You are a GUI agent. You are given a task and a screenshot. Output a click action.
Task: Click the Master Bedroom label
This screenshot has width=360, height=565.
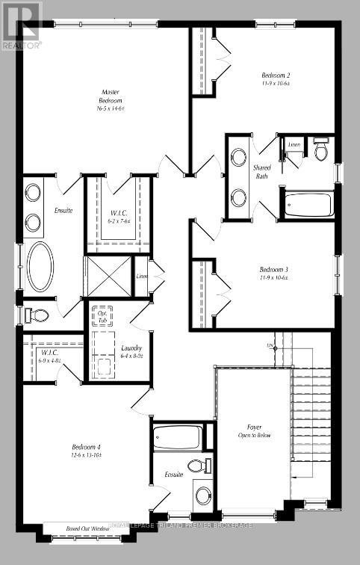tap(111, 100)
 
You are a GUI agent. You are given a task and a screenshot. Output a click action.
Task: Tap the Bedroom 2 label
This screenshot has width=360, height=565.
tap(276, 79)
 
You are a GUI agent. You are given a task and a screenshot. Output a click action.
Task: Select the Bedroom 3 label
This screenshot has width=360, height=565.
tap(273, 273)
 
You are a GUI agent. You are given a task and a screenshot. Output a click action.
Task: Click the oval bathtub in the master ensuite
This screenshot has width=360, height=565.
tap(40, 266)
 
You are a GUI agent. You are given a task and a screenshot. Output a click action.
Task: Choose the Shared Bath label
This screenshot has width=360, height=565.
tap(262, 171)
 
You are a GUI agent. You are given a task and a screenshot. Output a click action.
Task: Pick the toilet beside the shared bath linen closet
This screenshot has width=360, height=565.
tap(320, 150)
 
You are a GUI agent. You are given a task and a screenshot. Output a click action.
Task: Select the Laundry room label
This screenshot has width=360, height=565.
tap(131, 352)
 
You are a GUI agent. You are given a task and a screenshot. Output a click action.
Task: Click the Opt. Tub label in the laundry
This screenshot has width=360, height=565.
tap(102, 317)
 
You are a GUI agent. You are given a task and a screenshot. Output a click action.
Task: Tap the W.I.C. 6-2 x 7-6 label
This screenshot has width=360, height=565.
tap(119, 217)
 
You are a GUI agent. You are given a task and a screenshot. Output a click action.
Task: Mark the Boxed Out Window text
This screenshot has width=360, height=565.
tap(75, 529)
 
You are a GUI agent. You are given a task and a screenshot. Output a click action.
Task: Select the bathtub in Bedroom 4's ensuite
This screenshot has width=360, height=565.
tap(177, 437)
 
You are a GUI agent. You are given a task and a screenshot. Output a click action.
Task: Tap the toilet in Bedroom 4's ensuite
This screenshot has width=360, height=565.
tap(196, 466)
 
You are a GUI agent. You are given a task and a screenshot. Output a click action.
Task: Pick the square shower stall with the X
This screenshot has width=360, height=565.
tap(108, 275)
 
